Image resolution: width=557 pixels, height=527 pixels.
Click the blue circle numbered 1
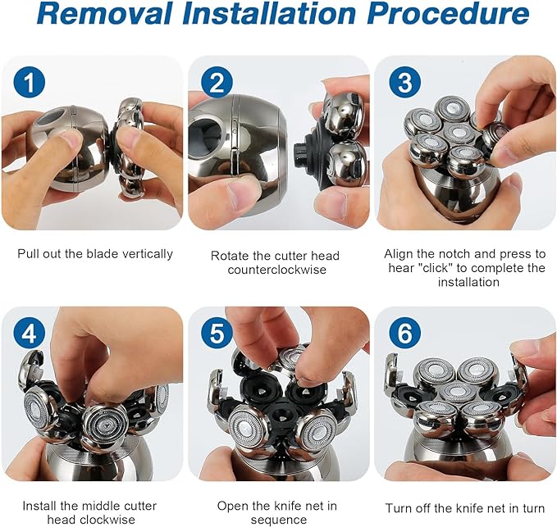point(30,82)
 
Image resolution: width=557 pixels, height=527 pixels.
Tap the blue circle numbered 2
point(217,82)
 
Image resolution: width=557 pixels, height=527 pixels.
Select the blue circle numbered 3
point(404,82)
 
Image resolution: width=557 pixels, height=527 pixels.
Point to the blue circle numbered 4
point(30,334)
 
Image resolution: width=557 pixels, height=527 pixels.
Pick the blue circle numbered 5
point(217,334)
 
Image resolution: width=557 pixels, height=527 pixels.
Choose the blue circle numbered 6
point(404,334)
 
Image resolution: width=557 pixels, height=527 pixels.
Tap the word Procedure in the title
point(448,13)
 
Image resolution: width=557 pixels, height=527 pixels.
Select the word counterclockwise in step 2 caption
point(277,270)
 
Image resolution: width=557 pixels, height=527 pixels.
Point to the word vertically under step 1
point(148,254)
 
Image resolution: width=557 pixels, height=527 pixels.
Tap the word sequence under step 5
point(279,520)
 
